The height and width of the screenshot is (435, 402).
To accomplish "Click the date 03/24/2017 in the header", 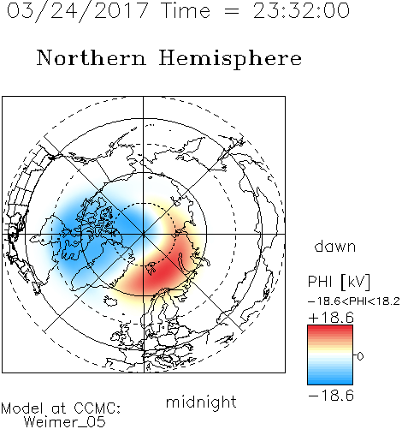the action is coord(77,11).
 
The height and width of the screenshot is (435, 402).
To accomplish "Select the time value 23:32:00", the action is coord(301,11).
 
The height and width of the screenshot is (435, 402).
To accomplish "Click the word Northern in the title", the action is coord(92,57).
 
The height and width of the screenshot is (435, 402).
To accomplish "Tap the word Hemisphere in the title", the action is coord(230,59).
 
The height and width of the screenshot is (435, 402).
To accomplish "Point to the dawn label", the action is coord(335,247).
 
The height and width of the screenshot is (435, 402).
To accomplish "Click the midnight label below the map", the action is coord(201,402).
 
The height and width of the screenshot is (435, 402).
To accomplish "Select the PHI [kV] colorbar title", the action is coord(339,282).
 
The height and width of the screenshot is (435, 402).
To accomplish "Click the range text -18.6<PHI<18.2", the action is coord(354,301).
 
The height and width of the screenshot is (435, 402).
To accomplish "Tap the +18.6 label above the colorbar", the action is coord(331,318).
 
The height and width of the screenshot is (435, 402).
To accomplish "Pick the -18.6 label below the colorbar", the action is coord(331,396).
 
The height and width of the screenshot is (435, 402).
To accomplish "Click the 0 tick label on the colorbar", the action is coord(360,356).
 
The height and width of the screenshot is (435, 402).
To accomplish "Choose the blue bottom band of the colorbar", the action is coord(330,378).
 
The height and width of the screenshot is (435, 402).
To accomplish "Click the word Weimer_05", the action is coord(65,422).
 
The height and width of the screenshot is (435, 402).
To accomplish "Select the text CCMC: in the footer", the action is coord(97,408).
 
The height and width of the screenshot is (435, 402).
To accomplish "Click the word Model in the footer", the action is coord(22,408).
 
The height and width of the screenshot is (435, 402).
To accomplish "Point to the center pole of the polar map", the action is coord(144,235).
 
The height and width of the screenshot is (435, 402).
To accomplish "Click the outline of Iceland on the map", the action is coord(110,301).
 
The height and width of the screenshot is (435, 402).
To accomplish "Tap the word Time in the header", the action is coord(186,11).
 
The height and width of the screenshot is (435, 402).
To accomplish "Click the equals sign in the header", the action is coord(232,11).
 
